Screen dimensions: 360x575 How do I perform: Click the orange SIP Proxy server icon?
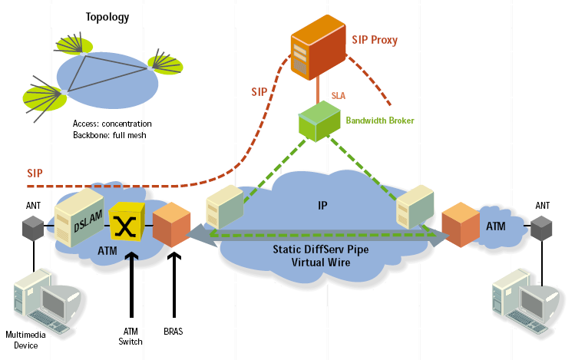point(316,49)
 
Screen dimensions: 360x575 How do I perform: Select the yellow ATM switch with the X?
point(126,226)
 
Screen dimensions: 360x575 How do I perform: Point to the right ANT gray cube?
point(542,227)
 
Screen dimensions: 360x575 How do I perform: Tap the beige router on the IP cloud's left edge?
point(223,209)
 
